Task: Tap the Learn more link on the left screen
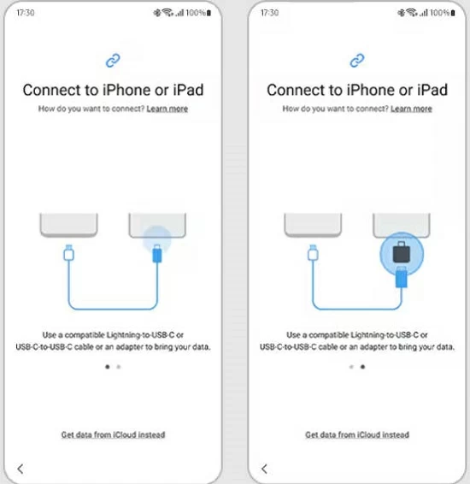pyautogui.click(x=167, y=109)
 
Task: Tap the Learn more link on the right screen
pyautogui.click(x=411, y=109)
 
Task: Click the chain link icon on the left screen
pyautogui.click(x=113, y=61)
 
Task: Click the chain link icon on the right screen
pyautogui.click(x=357, y=61)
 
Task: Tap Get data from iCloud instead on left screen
pyautogui.click(x=113, y=434)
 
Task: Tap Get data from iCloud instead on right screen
pyautogui.click(x=357, y=434)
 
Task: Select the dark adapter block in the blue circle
pyautogui.click(x=402, y=252)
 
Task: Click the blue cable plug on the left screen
pyautogui.click(x=157, y=254)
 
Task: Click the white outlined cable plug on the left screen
pyautogui.click(x=68, y=253)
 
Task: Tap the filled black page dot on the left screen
pyautogui.click(x=108, y=367)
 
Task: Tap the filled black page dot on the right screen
pyautogui.click(x=362, y=367)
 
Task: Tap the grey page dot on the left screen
pyautogui.click(x=119, y=367)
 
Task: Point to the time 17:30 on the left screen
pyautogui.click(x=26, y=13)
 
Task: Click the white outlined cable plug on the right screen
pyautogui.click(x=313, y=253)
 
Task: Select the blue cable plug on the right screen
pyautogui.click(x=402, y=276)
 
